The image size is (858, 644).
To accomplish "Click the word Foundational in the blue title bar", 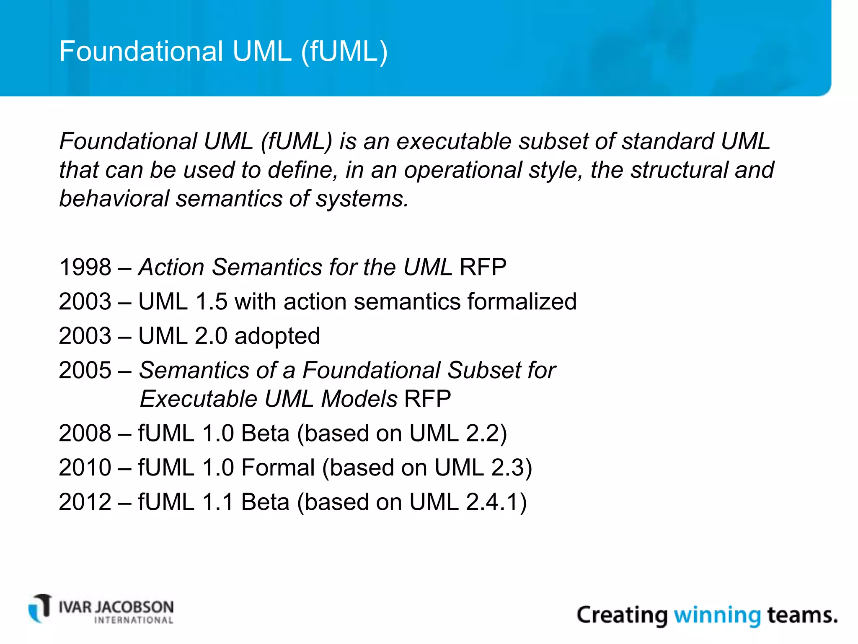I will click(141, 51).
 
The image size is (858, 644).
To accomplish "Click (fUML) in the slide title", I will click(344, 51).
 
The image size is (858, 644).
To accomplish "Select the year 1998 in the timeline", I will click(85, 267).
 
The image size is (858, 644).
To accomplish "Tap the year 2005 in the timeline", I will click(85, 370).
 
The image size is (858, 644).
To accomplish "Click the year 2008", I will click(85, 433).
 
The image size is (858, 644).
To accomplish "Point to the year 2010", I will click(85, 467).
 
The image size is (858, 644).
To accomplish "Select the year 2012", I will click(85, 502).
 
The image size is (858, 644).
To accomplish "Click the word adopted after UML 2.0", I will click(277, 336).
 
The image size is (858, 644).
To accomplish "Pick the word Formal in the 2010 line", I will click(278, 467).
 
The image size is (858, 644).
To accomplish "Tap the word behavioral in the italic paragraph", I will click(114, 198).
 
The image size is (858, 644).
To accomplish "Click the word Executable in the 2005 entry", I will click(198, 399).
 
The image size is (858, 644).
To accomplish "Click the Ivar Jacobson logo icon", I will click(40, 608).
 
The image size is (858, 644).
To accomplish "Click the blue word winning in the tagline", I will click(717, 615).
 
